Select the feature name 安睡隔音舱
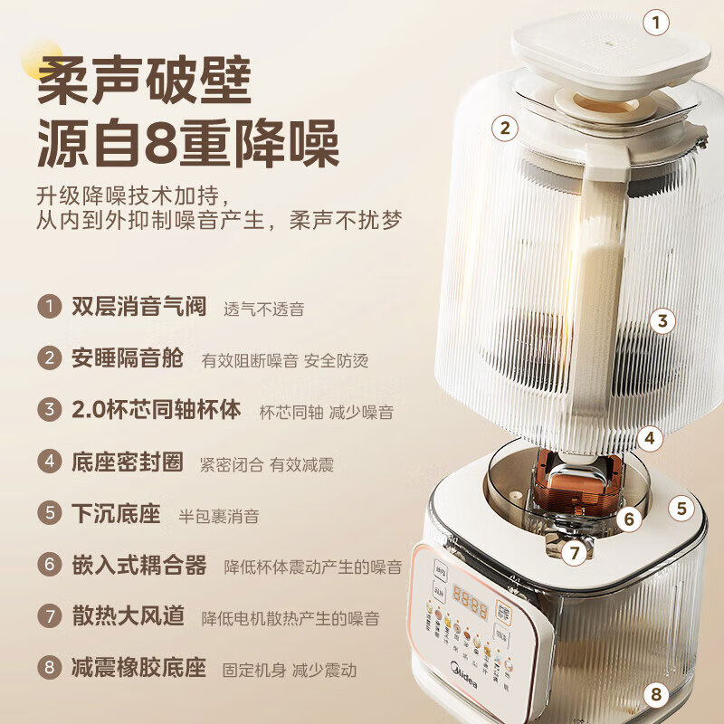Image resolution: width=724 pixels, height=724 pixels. coord(127,358)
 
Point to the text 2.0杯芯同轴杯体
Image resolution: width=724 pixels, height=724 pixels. coord(156,410)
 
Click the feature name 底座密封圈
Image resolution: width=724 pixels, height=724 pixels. coord(127,462)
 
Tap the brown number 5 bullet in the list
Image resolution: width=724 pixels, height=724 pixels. coord(49,514)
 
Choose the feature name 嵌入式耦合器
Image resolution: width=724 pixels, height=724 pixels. coord(138,566)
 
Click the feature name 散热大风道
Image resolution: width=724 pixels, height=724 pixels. coord(127,617)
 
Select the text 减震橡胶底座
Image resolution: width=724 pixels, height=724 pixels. coord(138,669)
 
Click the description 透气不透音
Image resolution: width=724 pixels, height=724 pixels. coord(263,309)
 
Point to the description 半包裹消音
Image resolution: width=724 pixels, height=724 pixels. coord(218,516)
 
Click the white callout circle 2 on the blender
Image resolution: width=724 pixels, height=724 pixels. coord(506,128)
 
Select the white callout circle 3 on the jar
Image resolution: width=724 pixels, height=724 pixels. coord(662,320)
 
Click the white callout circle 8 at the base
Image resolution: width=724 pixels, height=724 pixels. coord(656,695)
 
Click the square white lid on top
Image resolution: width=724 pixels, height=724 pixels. coord(611,54)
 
